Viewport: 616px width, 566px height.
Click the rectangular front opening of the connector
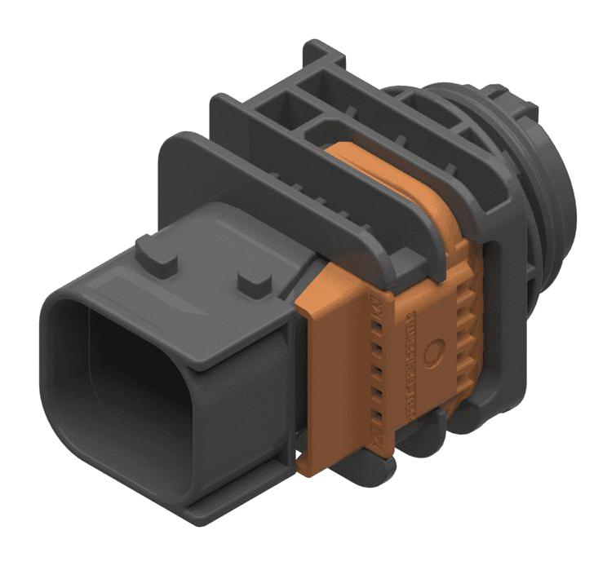(x=122, y=391)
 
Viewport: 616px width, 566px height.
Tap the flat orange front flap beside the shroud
(x=326, y=367)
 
